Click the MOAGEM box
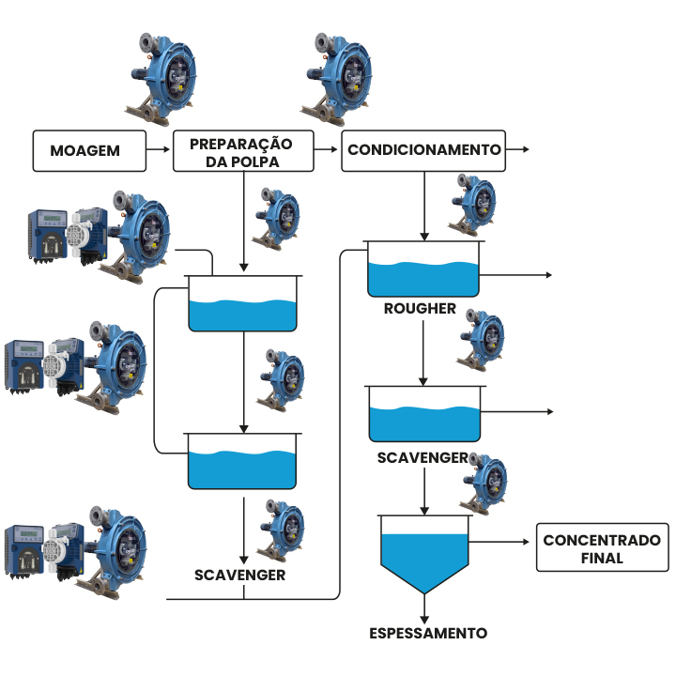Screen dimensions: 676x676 (90, 150)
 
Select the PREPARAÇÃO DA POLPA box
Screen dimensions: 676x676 (241, 150)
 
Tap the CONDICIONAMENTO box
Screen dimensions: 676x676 (423, 150)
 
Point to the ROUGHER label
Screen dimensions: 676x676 (420, 309)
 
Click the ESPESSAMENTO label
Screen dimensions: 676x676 (427, 633)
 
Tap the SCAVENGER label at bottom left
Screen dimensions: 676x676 (239, 574)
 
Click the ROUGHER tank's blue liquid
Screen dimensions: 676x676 (422, 278)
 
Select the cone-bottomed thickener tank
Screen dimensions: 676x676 (422, 554)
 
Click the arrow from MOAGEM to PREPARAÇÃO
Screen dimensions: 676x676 (160, 150)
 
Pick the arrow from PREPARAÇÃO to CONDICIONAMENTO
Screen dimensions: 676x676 (326, 150)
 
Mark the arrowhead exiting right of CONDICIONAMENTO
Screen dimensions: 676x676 (526, 150)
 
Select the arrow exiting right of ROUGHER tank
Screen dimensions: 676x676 (516, 275)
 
